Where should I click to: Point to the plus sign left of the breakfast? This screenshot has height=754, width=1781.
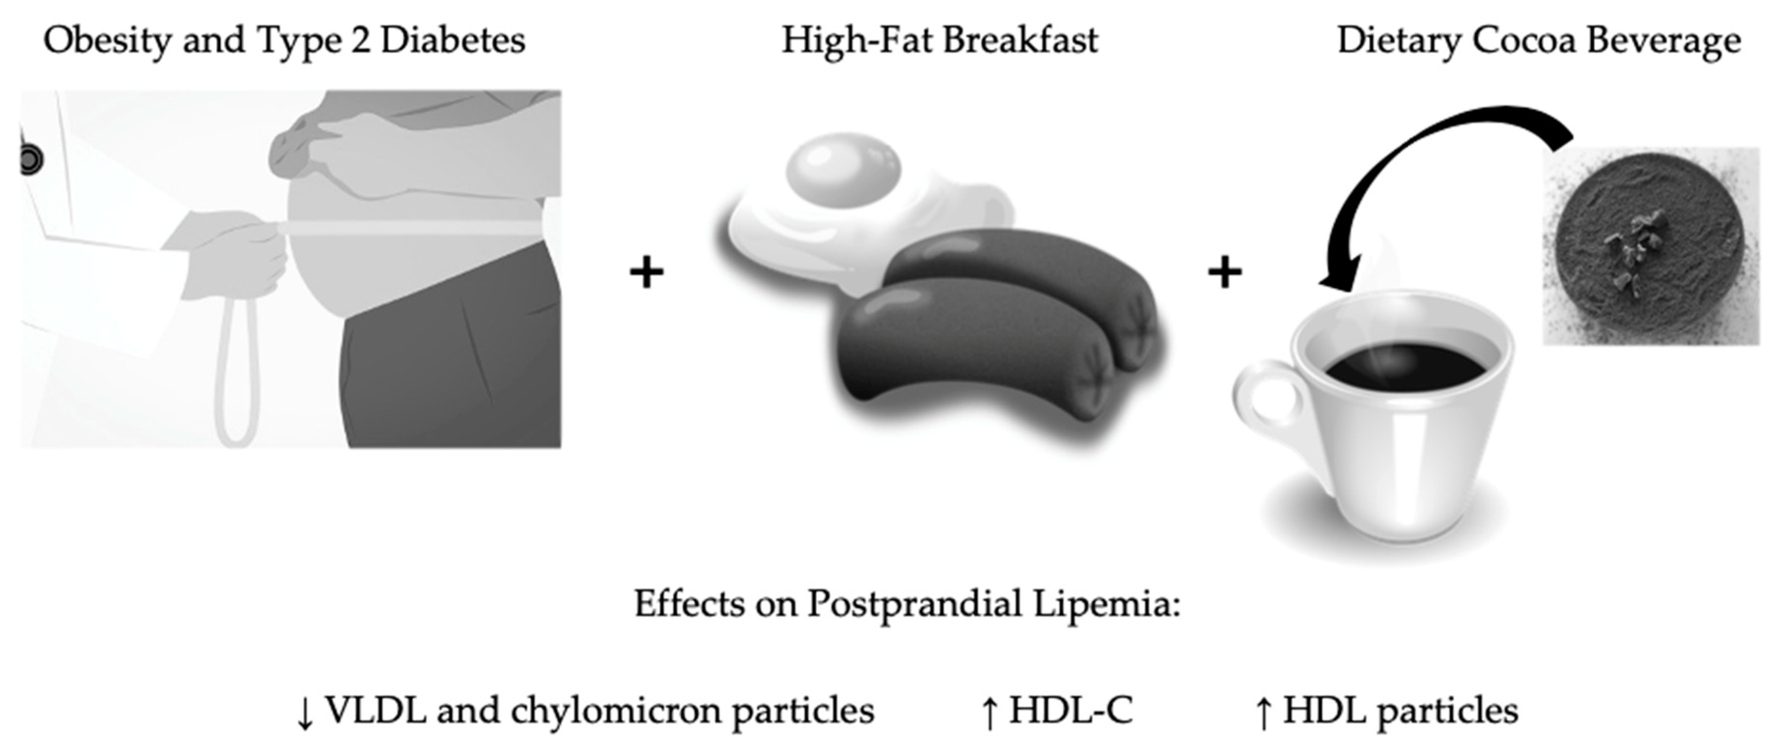[646, 272]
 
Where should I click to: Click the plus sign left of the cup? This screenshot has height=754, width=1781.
[1224, 272]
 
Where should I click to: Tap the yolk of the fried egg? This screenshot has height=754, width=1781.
[844, 169]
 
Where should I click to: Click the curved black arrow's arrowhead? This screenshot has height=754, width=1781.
[1338, 276]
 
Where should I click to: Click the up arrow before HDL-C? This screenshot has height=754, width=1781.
[989, 712]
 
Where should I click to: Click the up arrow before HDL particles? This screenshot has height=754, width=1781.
[1263, 712]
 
